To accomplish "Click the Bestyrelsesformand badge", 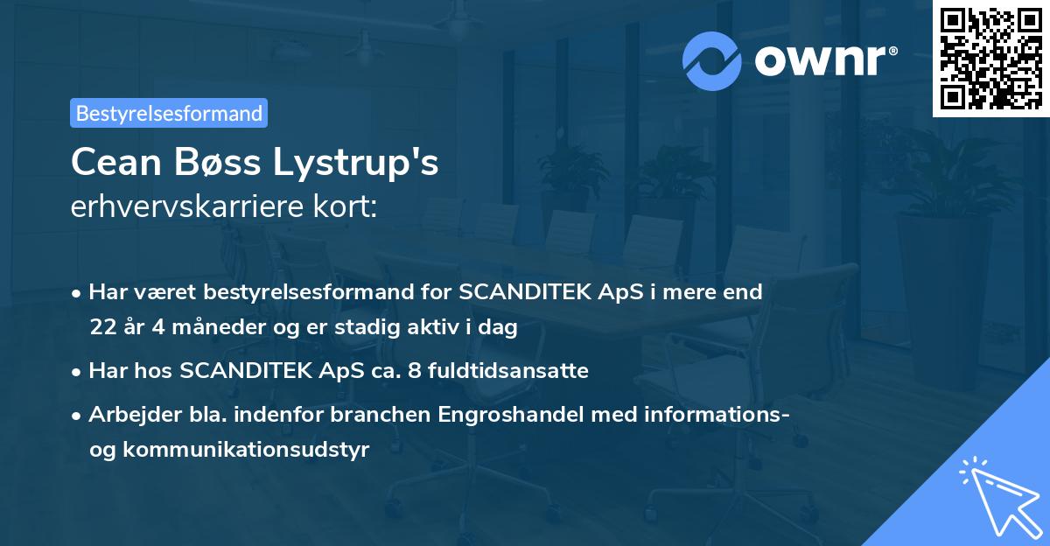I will point(169,113).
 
